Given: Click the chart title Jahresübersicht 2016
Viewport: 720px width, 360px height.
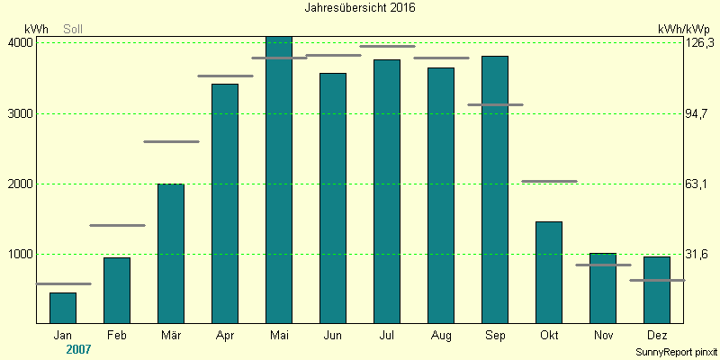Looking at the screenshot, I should click(x=360, y=7).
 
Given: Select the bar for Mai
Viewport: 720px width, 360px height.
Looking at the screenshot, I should click(x=279, y=180).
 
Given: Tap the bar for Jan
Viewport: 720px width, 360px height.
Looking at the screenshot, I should click(x=63, y=308).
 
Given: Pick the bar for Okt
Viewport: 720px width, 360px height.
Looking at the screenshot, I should click(x=549, y=272).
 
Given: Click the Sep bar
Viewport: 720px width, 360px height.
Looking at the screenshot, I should click(x=495, y=189).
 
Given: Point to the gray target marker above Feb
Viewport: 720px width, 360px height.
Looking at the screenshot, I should click(x=117, y=225).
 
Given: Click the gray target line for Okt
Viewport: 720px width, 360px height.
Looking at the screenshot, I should click(x=549, y=181).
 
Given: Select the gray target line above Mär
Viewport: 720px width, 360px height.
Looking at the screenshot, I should click(x=171, y=141).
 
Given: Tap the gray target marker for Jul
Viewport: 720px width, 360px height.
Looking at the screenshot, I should click(x=387, y=46).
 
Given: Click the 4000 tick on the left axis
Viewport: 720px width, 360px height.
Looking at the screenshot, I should click(x=21, y=43).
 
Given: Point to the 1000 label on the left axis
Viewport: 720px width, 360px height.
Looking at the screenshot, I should click(x=21, y=255).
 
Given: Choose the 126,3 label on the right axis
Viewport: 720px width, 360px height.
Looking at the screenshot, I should click(x=699, y=43).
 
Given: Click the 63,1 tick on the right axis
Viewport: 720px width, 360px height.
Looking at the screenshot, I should click(x=697, y=184).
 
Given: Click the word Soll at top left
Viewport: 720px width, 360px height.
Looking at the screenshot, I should click(x=73, y=29).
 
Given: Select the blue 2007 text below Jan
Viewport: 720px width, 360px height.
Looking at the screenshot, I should click(x=79, y=348).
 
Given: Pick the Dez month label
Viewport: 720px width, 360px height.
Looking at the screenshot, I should click(x=657, y=336).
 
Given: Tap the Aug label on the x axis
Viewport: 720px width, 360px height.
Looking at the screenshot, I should click(x=441, y=336).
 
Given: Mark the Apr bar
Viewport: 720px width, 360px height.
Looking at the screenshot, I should click(x=225, y=203).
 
